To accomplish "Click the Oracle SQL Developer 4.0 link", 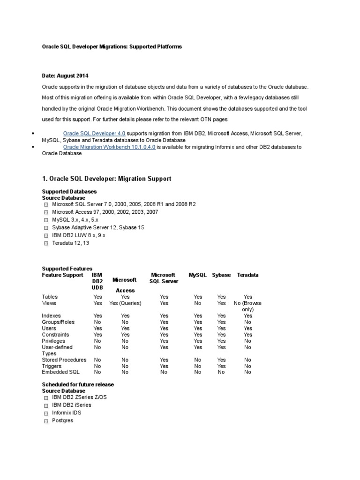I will pyautogui.click(x=94, y=134).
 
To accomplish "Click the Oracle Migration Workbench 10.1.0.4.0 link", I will pyautogui.click(x=109, y=147).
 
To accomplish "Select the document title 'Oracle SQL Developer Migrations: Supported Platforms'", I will pyautogui.click(x=112, y=47).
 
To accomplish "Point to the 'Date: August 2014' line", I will pyautogui.click(x=65, y=75).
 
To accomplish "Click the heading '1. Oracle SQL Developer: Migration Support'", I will pyautogui.click(x=106, y=179).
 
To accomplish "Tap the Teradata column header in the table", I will pyautogui.click(x=247, y=275).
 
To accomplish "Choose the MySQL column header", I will pyautogui.click(x=198, y=275).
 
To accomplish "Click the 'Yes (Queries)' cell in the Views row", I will pyautogui.click(x=125, y=303).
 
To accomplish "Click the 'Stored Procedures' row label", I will pyautogui.click(x=64, y=360).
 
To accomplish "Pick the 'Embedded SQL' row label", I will pyautogui.click(x=60, y=372).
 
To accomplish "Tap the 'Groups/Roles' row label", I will pyautogui.click(x=58, y=322).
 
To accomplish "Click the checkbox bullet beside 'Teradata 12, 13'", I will pyautogui.click(x=45, y=243).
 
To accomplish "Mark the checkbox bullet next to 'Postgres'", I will pyautogui.click(x=45, y=421).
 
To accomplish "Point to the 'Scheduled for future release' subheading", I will pyautogui.click(x=78, y=384).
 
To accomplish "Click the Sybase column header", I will pyautogui.click(x=221, y=275).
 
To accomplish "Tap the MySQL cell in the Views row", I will pyautogui.click(x=198, y=303).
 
